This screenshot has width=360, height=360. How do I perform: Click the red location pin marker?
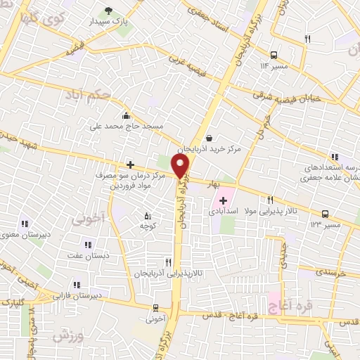[181, 166]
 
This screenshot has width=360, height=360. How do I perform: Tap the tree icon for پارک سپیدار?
[108, 10]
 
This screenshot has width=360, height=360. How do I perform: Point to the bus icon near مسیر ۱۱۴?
[274, 55]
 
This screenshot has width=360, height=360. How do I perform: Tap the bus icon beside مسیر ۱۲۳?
[325, 214]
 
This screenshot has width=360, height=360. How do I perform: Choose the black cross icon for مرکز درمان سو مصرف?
[130, 165]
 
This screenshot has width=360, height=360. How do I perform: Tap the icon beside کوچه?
[146, 216]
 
